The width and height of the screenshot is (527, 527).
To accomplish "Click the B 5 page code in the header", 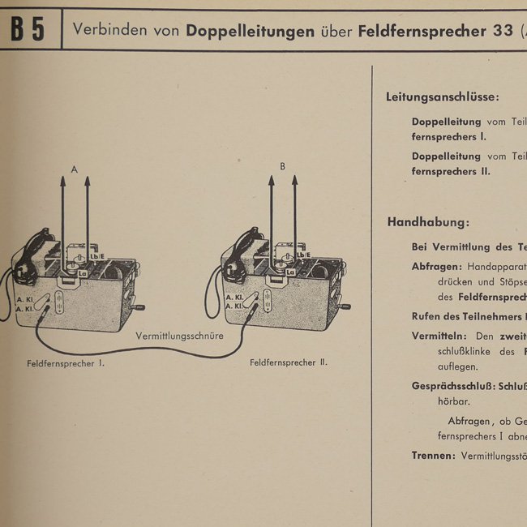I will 28,30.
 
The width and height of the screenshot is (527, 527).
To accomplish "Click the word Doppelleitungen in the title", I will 250,32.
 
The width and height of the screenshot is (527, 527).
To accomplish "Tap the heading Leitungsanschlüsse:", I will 443,97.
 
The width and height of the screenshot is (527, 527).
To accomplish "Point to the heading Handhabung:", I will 428,222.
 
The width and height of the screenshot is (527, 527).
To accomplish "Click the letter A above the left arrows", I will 75,169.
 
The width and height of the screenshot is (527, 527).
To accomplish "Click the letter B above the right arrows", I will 282,166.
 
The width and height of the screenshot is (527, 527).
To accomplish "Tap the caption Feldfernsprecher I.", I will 66,364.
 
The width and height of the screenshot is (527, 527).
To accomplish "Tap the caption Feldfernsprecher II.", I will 289,362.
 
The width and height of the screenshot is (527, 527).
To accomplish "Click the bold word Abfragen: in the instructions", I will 437,266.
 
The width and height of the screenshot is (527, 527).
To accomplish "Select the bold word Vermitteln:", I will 439,336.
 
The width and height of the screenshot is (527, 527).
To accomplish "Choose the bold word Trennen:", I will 433,456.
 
